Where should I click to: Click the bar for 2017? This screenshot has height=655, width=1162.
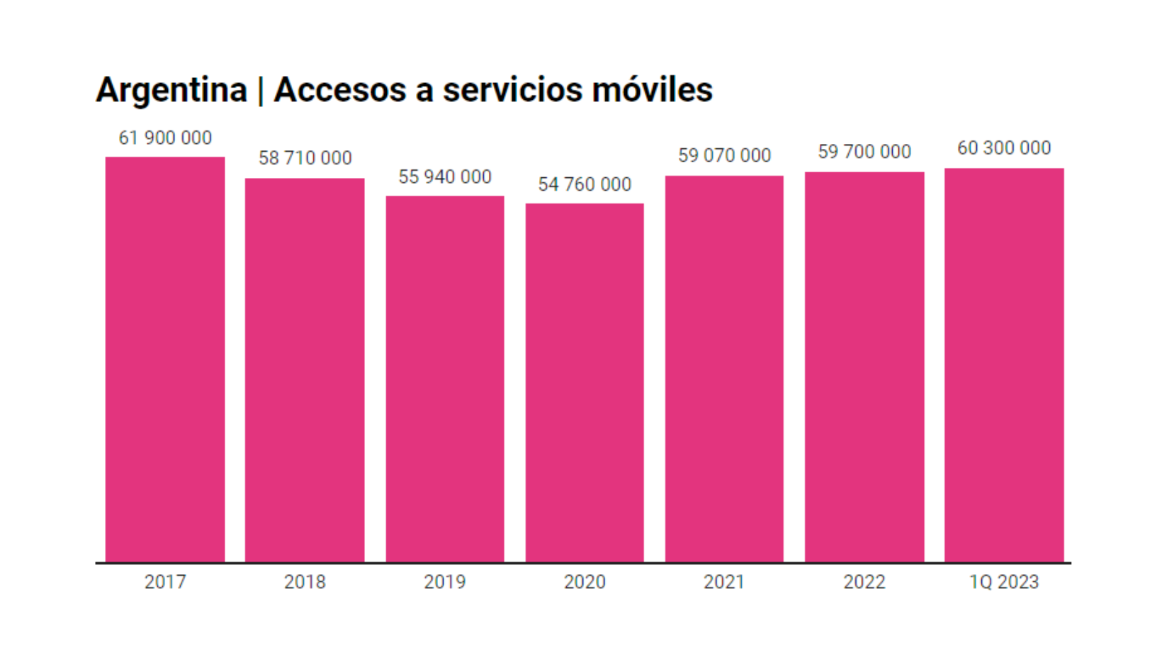(x=165, y=359)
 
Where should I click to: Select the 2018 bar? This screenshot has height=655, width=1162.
(x=305, y=370)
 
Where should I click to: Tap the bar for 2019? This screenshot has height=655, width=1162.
(x=445, y=379)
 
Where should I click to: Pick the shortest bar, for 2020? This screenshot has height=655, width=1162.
(x=585, y=383)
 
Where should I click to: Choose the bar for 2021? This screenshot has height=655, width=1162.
(x=724, y=369)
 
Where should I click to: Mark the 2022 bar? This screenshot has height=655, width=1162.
(x=864, y=367)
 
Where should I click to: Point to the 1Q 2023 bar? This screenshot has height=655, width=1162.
(x=1004, y=365)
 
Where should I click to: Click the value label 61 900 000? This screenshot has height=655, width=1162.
(x=165, y=138)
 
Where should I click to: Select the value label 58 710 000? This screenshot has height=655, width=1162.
(x=305, y=158)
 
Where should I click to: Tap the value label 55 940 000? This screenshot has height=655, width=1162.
(x=445, y=177)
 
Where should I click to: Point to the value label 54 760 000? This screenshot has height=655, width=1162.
(x=585, y=184)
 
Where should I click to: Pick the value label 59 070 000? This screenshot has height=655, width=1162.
(x=724, y=155)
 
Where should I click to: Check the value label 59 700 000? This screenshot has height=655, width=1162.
(x=864, y=152)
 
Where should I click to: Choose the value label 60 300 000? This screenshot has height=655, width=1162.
(x=1004, y=148)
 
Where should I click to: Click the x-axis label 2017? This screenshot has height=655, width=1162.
(x=165, y=582)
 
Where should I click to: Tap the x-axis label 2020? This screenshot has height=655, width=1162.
(x=585, y=582)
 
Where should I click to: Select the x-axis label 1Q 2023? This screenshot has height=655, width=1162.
(x=1004, y=582)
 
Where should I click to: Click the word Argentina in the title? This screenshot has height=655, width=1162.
(x=171, y=90)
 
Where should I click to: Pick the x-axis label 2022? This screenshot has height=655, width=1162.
(x=864, y=582)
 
